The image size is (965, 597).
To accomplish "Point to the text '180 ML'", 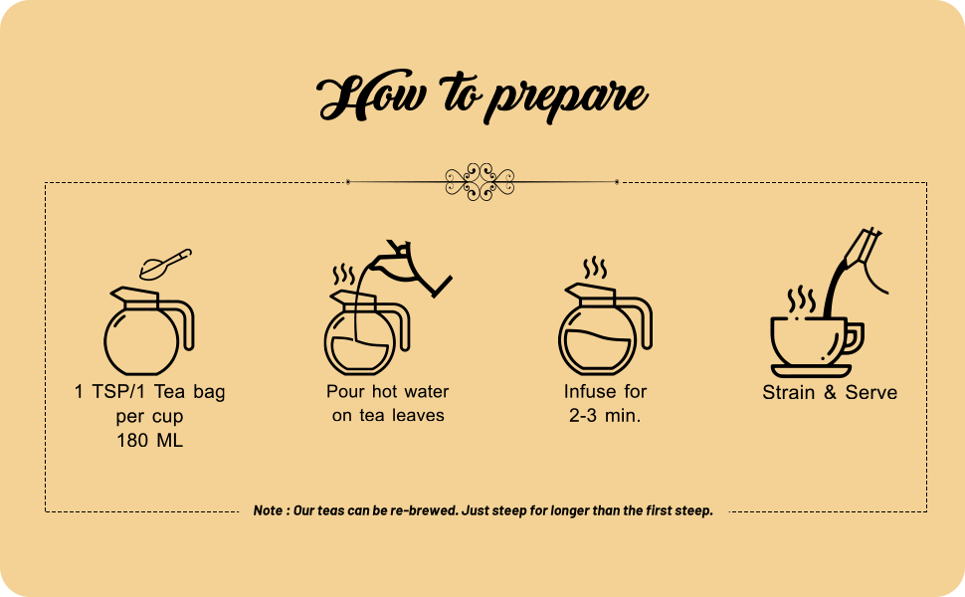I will (x=149, y=440).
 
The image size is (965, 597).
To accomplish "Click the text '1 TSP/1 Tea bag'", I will (x=149, y=392).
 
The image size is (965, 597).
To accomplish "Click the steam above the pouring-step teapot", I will (x=343, y=274).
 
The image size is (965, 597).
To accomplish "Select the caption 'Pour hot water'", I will (x=388, y=392).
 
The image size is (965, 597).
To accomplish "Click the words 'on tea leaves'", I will (x=388, y=416).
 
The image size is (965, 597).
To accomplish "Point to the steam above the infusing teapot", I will (x=595, y=268).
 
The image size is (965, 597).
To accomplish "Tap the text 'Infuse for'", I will (x=604, y=392).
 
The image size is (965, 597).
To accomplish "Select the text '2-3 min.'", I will (x=604, y=416).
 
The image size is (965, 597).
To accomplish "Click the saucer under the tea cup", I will (x=810, y=371).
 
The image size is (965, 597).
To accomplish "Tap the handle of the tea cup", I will (x=854, y=338).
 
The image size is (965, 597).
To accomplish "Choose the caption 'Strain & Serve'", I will (x=830, y=392).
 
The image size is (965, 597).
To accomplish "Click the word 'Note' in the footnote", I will (x=268, y=510).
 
